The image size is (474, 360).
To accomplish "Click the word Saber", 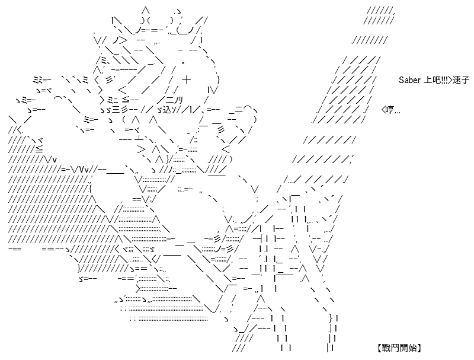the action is pyautogui.click(x=409, y=80).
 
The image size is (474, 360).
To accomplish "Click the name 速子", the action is pyautogui.click(x=461, y=80).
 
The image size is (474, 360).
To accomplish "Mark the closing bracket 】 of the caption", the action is pyautogui.click(x=419, y=348).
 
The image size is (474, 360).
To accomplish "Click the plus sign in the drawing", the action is pyautogui.click(x=187, y=80).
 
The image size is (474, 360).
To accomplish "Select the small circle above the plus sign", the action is pyautogui.click(x=183, y=63).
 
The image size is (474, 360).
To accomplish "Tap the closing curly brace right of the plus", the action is pyautogui.click(x=218, y=80).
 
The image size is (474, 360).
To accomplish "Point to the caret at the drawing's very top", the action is pyautogui.click(x=145, y=11).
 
